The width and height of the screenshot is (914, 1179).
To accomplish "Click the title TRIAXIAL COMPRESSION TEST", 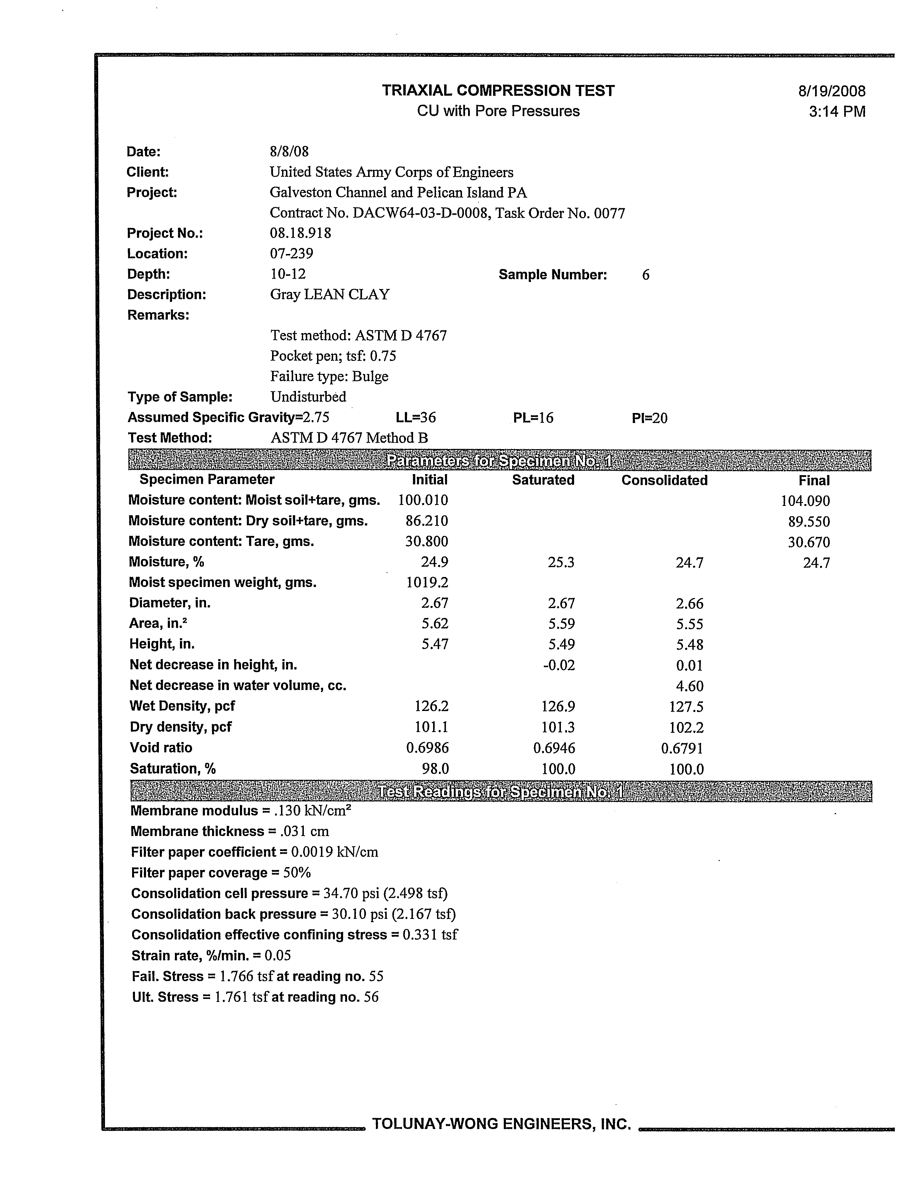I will pyautogui.click(x=498, y=91).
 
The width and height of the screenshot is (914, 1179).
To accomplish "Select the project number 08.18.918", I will pyautogui.click(x=301, y=233).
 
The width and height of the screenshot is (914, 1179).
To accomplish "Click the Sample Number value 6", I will pyautogui.click(x=645, y=275).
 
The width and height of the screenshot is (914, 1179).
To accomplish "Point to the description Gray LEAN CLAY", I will pyautogui.click(x=330, y=295).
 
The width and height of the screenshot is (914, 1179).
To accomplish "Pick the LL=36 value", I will pyautogui.click(x=416, y=418).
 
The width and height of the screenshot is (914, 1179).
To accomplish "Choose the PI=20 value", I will pyautogui.click(x=650, y=418).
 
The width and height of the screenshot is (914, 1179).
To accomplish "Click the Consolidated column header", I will pyautogui.click(x=664, y=481).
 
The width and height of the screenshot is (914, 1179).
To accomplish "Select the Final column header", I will pyautogui.click(x=814, y=481).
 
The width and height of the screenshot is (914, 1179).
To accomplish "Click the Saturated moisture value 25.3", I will pyautogui.click(x=561, y=562).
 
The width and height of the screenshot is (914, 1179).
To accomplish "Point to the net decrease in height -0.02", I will pyautogui.click(x=559, y=665).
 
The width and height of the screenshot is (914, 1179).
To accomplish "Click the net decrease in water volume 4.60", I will pyautogui.click(x=689, y=686).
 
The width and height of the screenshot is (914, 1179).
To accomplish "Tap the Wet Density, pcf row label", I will pyautogui.click(x=182, y=706).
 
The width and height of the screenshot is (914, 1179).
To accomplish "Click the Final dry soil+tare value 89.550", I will pyautogui.click(x=808, y=522).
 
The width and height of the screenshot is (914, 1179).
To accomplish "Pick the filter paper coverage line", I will pyautogui.click(x=221, y=873).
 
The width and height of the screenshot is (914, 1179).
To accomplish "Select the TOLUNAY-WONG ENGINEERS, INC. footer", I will pyautogui.click(x=501, y=1124).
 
